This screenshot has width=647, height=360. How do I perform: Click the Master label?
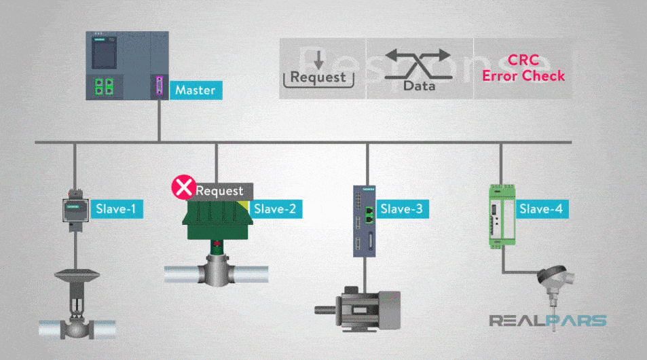195,90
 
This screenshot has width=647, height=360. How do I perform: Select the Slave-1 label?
115,209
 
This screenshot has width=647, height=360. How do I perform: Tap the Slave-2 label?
274,209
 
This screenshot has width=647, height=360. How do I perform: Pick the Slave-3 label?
401,209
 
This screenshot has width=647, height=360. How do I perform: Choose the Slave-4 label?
540,209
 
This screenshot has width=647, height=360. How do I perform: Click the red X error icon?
182,188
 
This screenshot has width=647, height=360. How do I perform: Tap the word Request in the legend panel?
318,77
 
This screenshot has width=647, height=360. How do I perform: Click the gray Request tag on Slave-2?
219,191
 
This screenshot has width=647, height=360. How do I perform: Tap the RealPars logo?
548,321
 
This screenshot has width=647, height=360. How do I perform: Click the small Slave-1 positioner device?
73,206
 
